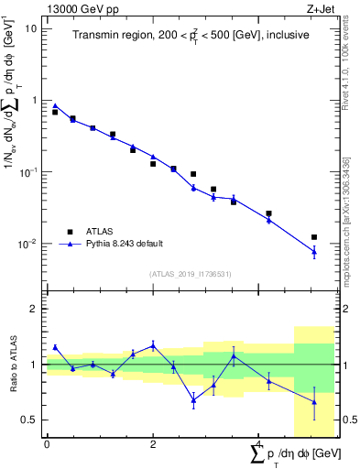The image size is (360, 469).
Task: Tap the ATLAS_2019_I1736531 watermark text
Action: coord(191,274)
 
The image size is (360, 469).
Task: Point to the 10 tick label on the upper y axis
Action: coord(31,28)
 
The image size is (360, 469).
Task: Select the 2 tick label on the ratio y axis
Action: coord(33,309)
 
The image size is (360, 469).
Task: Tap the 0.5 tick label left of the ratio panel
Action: coord(28,420)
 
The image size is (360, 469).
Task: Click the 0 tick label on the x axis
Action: coord(47,444)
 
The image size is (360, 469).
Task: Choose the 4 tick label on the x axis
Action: coord(258,444)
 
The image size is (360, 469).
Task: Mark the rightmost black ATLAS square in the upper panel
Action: coord(314,237)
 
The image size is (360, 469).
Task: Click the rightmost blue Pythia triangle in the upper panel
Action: coord(314,251)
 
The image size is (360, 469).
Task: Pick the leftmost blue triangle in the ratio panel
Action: coord(55,347)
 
